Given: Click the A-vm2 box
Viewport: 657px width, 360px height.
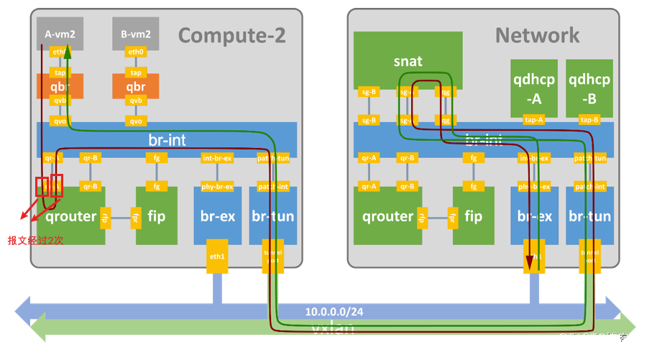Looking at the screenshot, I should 59,33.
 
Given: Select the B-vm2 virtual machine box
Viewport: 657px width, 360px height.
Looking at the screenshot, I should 135,33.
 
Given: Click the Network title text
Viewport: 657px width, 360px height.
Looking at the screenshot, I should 536,34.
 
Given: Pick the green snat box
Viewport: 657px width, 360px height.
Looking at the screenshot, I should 408,60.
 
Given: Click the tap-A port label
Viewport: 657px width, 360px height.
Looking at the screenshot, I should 533,120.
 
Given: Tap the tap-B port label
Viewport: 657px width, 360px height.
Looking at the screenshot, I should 589,120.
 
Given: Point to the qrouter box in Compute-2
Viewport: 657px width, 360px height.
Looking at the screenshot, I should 70,216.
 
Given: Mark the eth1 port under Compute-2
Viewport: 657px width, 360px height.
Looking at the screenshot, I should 216,255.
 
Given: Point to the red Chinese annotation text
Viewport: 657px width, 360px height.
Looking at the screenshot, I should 35,241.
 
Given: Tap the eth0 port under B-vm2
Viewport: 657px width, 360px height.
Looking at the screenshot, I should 135,52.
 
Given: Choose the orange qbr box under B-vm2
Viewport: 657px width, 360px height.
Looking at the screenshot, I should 135,87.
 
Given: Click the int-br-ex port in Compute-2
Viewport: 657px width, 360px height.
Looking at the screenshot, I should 216,158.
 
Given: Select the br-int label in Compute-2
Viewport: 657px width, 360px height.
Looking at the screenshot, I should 167,139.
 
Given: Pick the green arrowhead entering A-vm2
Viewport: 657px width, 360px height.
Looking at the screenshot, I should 68,51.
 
